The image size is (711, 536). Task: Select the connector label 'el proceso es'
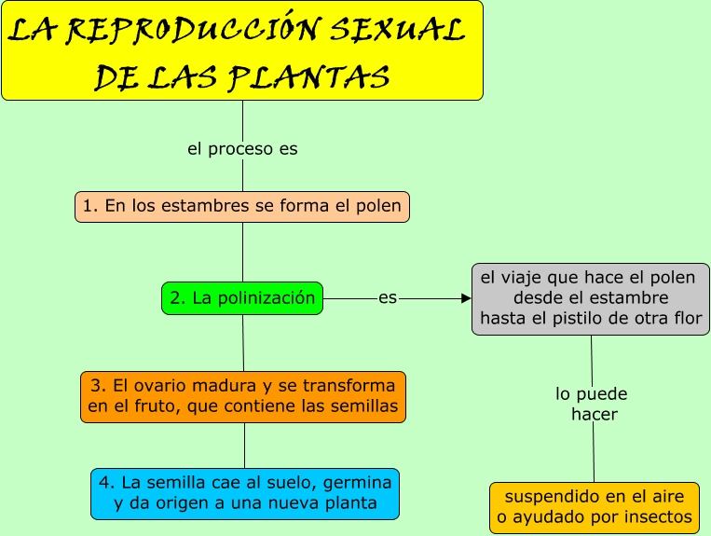tap(242, 149)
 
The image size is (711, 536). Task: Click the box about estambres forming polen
tap(242, 206)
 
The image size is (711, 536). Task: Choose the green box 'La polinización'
tap(242, 298)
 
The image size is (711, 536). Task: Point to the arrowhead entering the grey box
tap(466, 298)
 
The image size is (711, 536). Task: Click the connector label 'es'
tap(388, 298)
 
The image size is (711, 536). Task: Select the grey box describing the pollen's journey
tap(591, 298)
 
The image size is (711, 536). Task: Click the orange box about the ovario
tap(243, 396)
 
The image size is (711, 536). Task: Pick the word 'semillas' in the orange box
tap(363, 406)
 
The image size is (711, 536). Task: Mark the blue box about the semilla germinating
tap(245, 493)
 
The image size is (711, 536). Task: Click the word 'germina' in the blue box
tap(362, 482)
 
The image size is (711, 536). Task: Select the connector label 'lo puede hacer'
tap(593, 405)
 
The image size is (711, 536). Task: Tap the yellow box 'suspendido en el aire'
tap(595, 507)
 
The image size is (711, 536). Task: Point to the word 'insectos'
tap(659, 517)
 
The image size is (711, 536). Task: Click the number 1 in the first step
tap(88, 207)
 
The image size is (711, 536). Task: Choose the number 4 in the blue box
tap(105, 482)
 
